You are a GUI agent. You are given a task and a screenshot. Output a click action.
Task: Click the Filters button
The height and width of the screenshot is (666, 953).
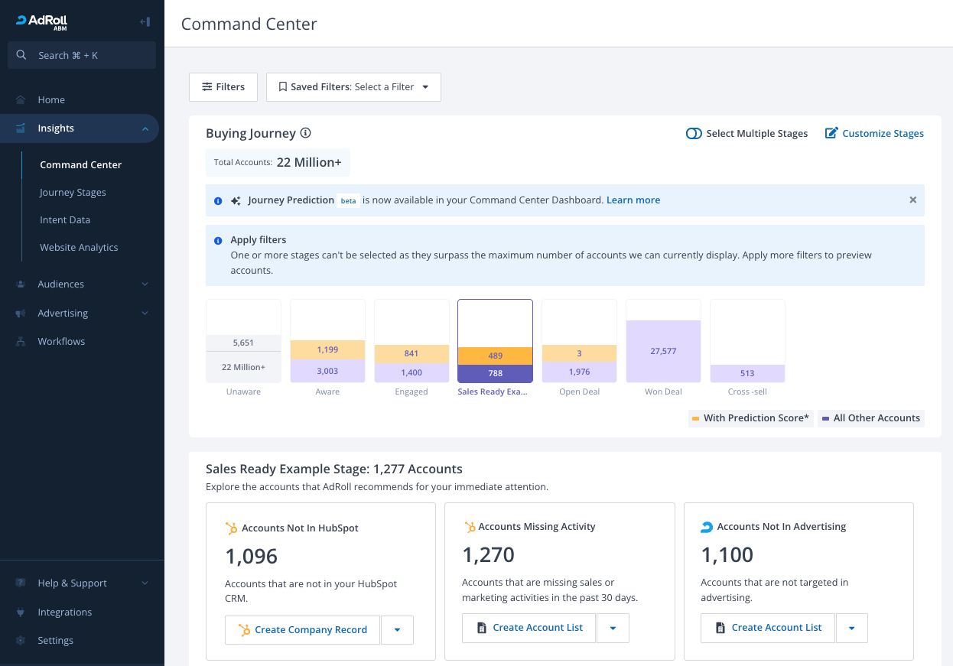(x=223, y=86)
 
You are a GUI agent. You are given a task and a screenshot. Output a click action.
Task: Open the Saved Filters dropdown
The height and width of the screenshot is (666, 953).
(x=353, y=86)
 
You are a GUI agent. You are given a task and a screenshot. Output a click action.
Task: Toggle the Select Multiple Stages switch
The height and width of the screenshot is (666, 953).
(x=694, y=134)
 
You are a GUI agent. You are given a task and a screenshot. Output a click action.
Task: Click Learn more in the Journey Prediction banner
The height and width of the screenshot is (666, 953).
(x=633, y=200)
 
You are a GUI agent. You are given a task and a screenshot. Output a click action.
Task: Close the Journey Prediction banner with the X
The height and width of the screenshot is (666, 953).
(x=913, y=200)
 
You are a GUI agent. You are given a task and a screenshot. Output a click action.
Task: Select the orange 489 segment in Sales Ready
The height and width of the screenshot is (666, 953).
(x=495, y=356)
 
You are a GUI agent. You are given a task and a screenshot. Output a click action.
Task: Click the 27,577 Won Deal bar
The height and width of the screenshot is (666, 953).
(x=663, y=351)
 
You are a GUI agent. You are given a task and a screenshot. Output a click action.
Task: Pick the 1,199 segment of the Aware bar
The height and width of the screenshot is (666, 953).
(x=327, y=349)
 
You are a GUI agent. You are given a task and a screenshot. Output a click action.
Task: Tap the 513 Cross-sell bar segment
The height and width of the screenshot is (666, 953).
(x=747, y=373)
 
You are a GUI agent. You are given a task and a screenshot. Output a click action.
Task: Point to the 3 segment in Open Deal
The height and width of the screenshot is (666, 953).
(x=579, y=353)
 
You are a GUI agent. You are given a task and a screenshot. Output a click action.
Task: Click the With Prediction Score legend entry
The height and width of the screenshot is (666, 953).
(x=751, y=418)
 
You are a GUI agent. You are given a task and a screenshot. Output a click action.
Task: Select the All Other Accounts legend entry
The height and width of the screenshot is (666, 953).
(x=871, y=418)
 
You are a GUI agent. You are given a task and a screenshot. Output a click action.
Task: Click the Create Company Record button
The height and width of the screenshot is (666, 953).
(x=302, y=629)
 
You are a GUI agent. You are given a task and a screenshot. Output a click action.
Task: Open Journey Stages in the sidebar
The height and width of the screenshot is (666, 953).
(x=73, y=192)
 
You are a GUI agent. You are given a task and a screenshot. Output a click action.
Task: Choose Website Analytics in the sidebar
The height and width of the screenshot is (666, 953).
(x=79, y=247)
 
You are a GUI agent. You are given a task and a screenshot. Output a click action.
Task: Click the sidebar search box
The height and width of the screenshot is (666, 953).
(x=82, y=55)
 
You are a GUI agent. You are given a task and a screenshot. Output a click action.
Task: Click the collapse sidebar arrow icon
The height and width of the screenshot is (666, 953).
(x=145, y=21)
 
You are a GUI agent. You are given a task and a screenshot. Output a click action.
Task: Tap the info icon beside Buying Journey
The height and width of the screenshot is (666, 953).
(x=305, y=133)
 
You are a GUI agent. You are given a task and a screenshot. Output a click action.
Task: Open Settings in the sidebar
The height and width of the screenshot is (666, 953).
(x=55, y=640)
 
